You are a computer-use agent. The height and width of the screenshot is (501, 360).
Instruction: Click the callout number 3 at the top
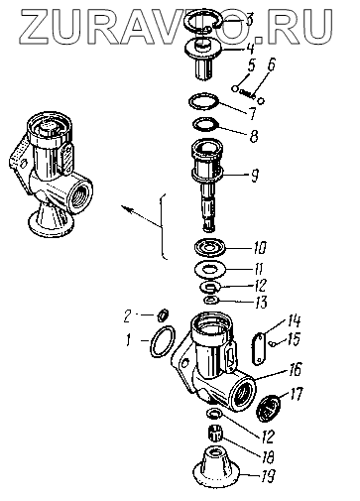pos(249,20)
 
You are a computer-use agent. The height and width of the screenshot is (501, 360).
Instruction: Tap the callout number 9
pos(254,175)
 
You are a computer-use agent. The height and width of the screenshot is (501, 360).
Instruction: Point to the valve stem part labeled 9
pos(207,185)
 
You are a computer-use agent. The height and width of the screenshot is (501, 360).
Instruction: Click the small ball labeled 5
pos(234,88)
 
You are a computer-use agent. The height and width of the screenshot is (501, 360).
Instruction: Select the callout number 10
pos(260,247)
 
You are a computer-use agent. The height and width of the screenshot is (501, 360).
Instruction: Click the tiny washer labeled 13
pos(210,301)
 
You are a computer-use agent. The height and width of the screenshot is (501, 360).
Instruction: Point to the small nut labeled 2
pos(164,314)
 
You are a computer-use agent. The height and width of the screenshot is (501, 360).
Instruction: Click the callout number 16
pos(296,369)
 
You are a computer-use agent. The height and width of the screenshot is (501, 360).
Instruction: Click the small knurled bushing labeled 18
pos(216,435)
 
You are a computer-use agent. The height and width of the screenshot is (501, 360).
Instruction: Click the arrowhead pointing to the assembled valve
pos(126,208)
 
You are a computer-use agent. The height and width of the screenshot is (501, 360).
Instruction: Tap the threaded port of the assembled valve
pos(79,192)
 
